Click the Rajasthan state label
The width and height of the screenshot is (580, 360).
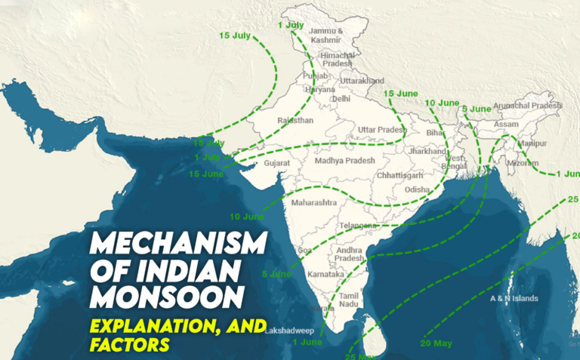click(295, 120)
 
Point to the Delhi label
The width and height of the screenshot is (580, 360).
click(341, 99)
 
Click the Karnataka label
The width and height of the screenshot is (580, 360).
click(326, 275)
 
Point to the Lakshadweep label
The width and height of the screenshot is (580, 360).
click(288, 330)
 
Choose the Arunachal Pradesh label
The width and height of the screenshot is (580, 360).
click(526, 106)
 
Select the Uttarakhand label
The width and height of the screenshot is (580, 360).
click(363, 80)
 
